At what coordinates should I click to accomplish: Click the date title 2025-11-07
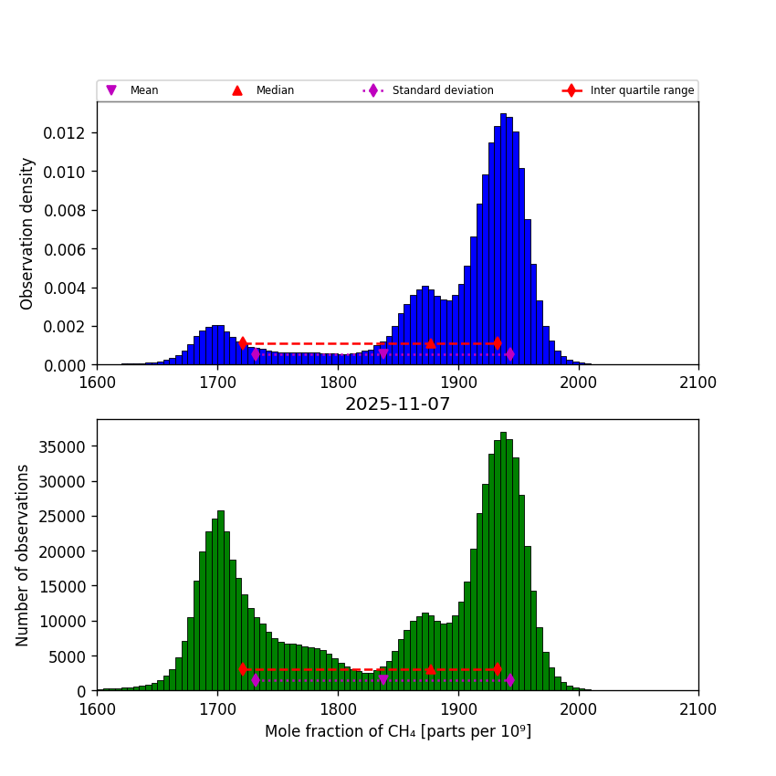point(397,404)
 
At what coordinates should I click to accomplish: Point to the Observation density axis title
point(27,233)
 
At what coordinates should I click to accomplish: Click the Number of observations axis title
point(23,555)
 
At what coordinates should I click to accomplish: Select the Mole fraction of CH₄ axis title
point(397,731)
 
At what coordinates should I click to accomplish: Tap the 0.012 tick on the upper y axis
point(69,133)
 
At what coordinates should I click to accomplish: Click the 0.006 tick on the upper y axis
point(69,249)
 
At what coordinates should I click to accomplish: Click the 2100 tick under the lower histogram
point(698,708)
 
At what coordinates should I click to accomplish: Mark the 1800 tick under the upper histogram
point(338,383)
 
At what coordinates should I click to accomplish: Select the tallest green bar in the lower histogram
point(503,561)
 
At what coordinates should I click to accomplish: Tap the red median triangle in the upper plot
point(430,343)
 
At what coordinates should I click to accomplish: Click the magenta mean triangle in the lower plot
point(383,680)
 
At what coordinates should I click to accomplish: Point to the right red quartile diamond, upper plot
point(498,343)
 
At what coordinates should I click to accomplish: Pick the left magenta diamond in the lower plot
point(256,680)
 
